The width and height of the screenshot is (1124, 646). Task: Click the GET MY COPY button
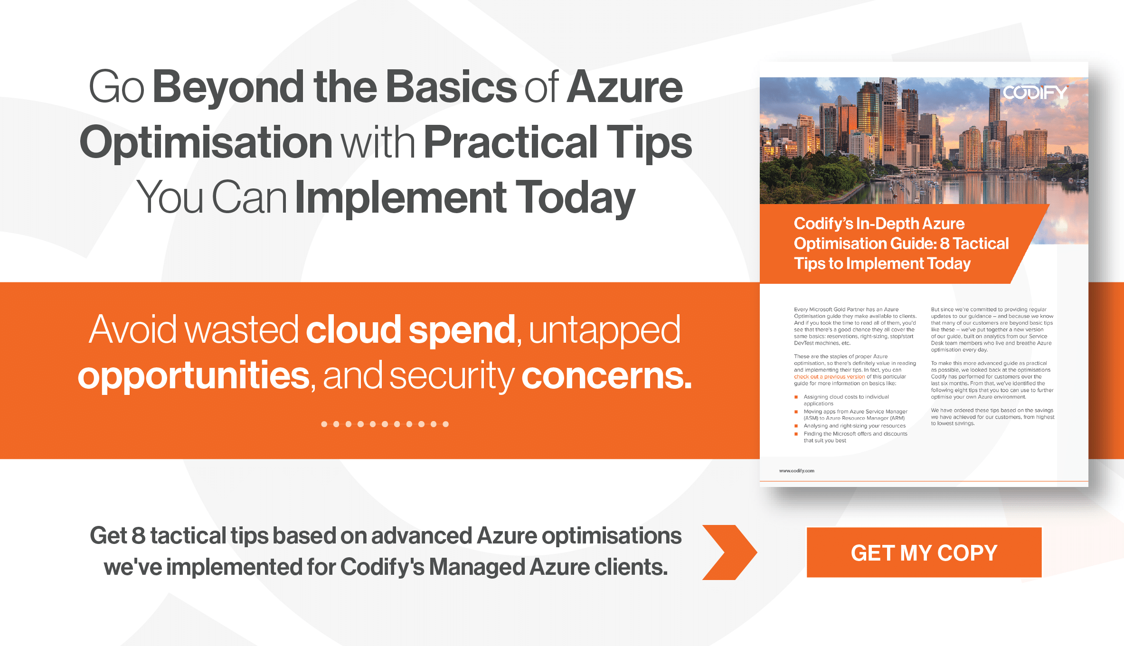click(x=924, y=552)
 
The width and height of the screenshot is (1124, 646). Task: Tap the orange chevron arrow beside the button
click(x=729, y=552)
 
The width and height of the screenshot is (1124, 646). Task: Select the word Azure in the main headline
click(x=624, y=87)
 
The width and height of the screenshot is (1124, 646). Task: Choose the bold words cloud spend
click(x=410, y=330)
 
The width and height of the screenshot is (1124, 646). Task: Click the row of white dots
click(x=385, y=424)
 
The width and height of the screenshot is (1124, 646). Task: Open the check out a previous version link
click(x=829, y=377)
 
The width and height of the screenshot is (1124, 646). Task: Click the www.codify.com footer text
click(x=796, y=471)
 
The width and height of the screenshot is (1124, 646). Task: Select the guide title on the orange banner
click(x=901, y=243)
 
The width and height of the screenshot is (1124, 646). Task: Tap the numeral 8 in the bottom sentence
click(x=138, y=536)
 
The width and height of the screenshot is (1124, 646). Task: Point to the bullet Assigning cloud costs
click(x=846, y=400)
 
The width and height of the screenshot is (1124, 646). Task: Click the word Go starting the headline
click(x=116, y=87)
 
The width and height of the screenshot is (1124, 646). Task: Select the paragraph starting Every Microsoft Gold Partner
click(x=855, y=326)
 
